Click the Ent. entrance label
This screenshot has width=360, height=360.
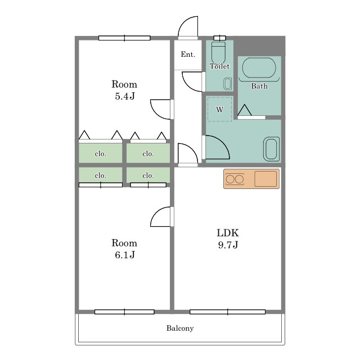188,55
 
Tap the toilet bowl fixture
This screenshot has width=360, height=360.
219,52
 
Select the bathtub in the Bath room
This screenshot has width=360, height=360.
259,68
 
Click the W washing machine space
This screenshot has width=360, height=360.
219,109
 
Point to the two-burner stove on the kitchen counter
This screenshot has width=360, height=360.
235,179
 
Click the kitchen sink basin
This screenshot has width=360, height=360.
265,179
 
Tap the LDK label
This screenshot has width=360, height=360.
228,233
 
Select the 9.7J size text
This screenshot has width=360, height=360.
228,245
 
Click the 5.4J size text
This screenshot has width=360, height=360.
125,96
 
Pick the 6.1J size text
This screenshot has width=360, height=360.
125,255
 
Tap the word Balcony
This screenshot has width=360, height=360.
180,328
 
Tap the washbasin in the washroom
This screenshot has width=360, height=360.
271,149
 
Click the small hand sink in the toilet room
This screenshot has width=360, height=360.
227,84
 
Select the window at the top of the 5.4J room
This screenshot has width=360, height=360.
124,38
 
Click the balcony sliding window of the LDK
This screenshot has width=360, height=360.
227,312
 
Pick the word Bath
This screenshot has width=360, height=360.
259,86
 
